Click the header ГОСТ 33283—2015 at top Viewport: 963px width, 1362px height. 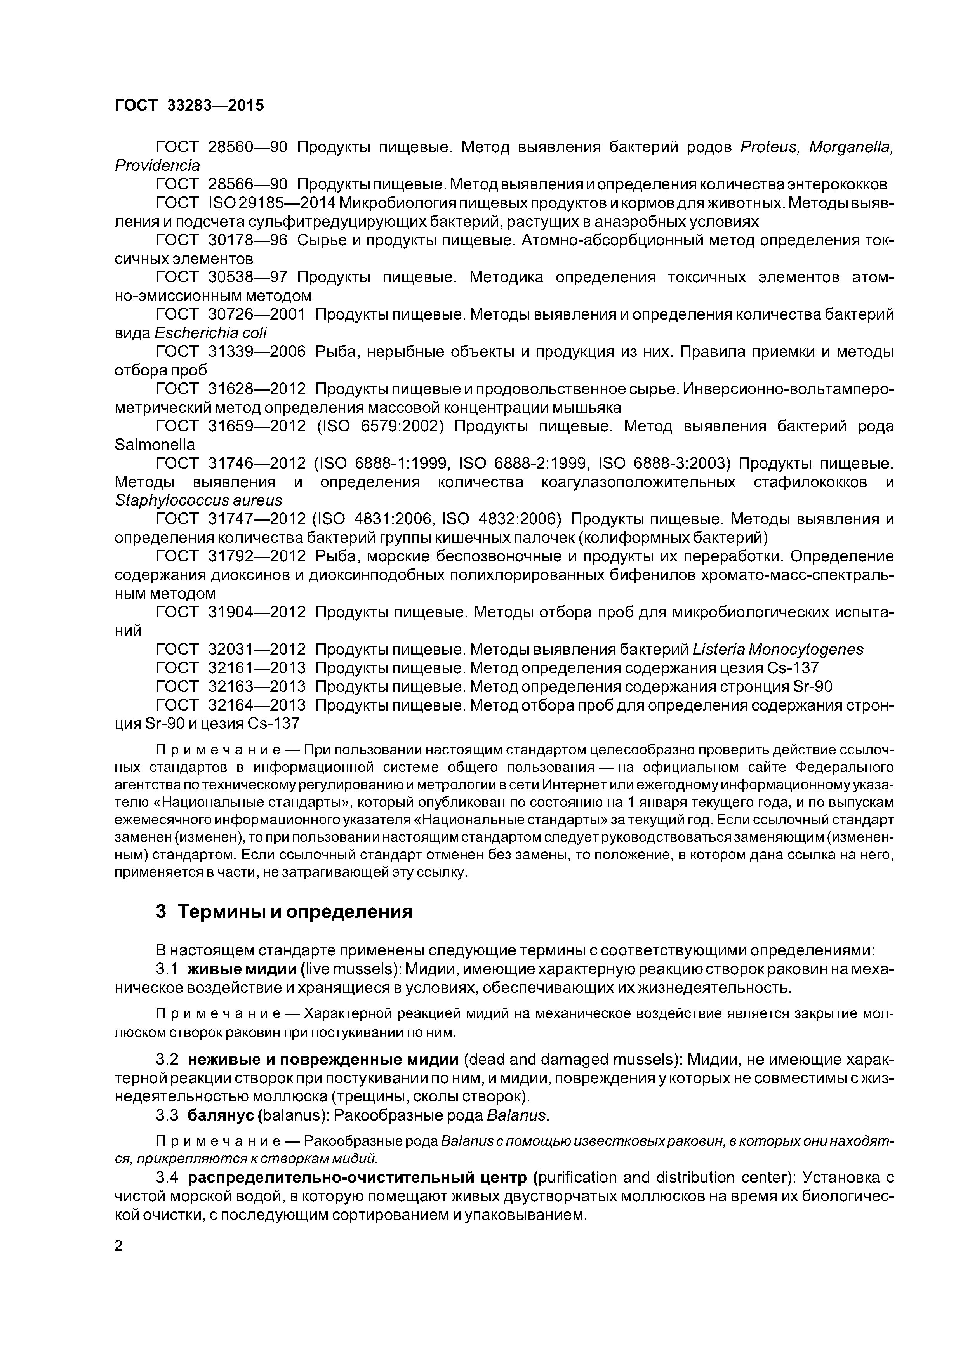(189, 106)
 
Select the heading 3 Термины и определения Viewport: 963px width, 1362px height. (284, 911)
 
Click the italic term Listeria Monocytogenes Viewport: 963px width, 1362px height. (778, 650)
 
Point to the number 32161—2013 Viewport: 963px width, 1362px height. (257, 668)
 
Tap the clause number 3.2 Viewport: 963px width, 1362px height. (167, 1060)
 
